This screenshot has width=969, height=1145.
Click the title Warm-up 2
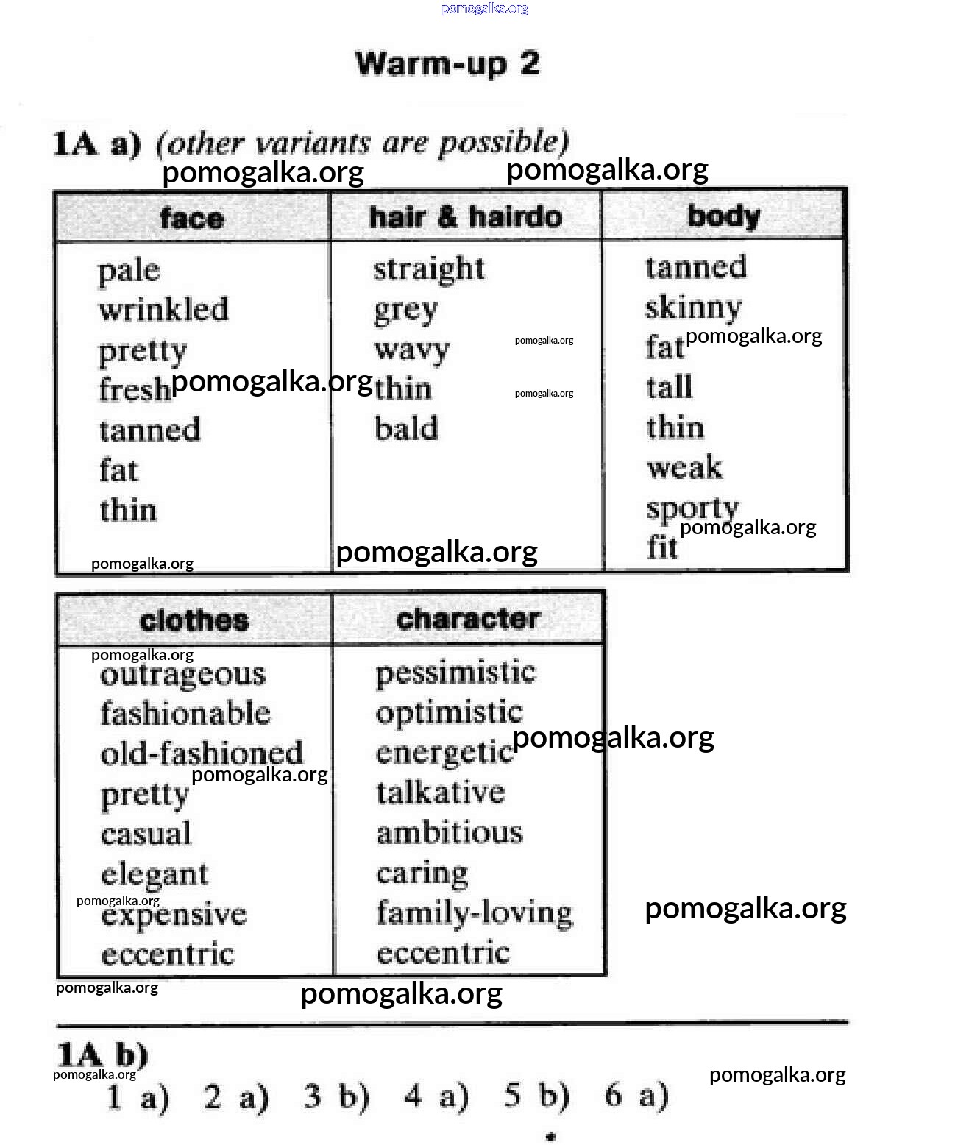pyautogui.click(x=447, y=64)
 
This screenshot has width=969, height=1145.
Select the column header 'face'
pyautogui.click(x=191, y=219)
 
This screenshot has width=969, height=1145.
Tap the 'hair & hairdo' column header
pyautogui.click(x=465, y=217)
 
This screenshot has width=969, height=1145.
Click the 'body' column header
pyautogui.click(x=723, y=216)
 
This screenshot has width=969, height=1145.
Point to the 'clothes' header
pyautogui.click(x=194, y=620)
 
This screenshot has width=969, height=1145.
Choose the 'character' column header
pyautogui.click(x=468, y=619)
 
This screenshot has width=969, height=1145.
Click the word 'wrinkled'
pyautogui.click(x=163, y=309)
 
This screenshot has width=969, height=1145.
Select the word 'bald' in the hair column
pyautogui.click(x=406, y=428)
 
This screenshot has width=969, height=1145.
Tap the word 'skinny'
pyautogui.click(x=693, y=307)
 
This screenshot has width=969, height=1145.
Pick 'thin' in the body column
pyautogui.click(x=675, y=427)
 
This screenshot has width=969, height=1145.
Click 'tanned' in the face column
pyautogui.click(x=149, y=430)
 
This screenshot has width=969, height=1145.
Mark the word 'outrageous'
pyautogui.click(x=183, y=674)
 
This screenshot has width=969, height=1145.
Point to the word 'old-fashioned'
pyautogui.click(x=202, y=753)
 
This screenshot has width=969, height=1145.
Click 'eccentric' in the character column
pyautogui.click(x=443, y=953)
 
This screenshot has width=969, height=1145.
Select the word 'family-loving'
pyautogui.click(x=475, y=912)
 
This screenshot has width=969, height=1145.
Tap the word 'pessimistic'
pyautogui.click(x=455, y=673)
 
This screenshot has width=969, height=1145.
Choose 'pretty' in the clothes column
pyautogui.click(x=145, y=795)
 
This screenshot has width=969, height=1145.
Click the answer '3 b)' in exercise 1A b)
pyautogui.click(x=336, y=1097)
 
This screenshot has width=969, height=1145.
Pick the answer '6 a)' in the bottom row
pyautogui.click(x=636, y=1096)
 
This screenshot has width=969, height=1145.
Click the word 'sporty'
pyautogui.click(x=692, y=508)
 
